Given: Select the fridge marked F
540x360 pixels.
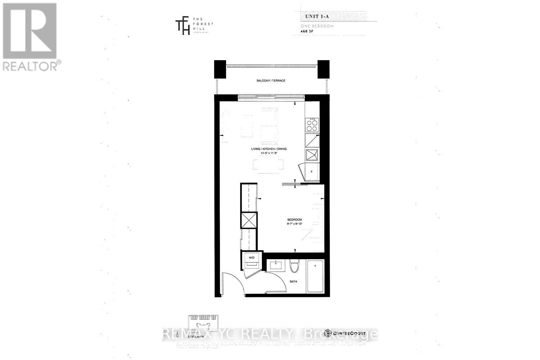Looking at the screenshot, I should tap(312, 172).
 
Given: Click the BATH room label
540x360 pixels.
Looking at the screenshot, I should tap(293, 282).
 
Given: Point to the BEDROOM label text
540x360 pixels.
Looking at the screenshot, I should tap(294, 220).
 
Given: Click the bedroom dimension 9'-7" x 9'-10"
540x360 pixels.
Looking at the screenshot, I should tap(294, 224).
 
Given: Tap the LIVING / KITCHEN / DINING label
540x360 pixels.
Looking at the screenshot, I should tap(269, 149).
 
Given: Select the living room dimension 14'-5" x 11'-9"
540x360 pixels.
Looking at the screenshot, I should tap(269, 153).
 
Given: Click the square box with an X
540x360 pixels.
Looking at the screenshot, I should tap(249, 220).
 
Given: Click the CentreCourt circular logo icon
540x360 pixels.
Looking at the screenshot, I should tap(327, 333).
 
